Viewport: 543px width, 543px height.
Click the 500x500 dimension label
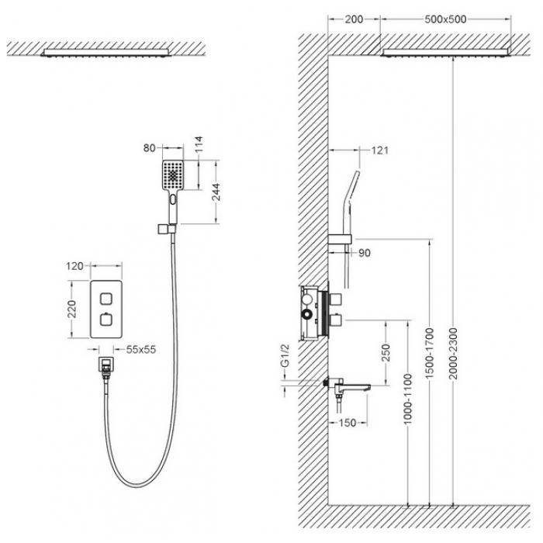pyautogui.click(x=445, y=19)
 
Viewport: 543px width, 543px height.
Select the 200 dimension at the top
pyautogui.click(x=354, y=19)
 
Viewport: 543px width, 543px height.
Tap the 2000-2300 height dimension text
pyautogui.click(x=453, y=354)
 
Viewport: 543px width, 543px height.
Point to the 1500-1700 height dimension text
pyautogui.click(x=430, y=354)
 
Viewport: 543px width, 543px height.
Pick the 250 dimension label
pyautogui.click(x=386, y=352)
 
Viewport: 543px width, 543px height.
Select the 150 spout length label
pyautogui.click(x=347, y=423)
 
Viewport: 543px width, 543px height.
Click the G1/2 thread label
pyautogui.click(x=285, y=355)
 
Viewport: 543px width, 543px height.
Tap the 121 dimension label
pyautogui.click(x=379, y=150)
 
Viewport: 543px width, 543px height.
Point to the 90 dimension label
pyautogui.click(x=365, y=253)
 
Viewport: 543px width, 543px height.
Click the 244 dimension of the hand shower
pyautogui.click(x=216, y=192)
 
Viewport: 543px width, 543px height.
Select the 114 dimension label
pyautogui.click(x=198, y=144)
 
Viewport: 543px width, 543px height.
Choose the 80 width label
pyautogui.click(x=149, y=148)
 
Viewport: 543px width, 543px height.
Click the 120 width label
pyautogui.click(x=74, y=266)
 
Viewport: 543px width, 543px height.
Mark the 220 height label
pyautogui.click(x=71, y=310)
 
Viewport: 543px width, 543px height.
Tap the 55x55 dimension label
pyautogui.click(x=141, y=349)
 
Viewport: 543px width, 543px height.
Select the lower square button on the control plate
pyautogui.click(x=105, y=320)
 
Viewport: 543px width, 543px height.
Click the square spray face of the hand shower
pyautogui.click(x=173, y=175)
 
